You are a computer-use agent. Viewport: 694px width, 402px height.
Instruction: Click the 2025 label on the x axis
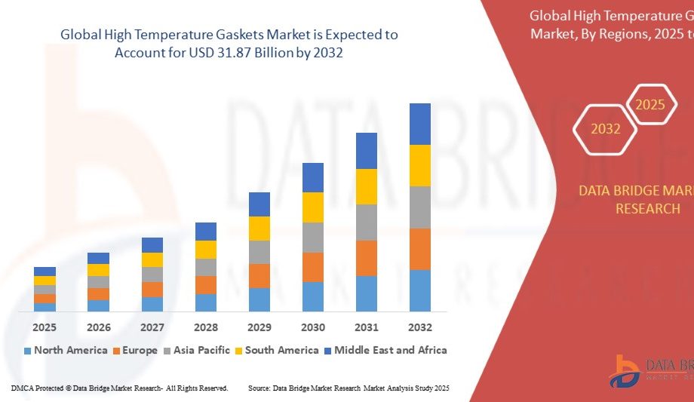45,327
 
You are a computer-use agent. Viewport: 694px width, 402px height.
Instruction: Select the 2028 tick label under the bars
206,327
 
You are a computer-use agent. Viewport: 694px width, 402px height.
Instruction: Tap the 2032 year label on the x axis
420,327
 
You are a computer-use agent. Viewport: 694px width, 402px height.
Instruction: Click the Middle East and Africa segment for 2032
420,124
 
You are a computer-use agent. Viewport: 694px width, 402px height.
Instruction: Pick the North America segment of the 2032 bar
420,290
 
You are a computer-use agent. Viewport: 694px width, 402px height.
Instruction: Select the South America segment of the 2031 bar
367,186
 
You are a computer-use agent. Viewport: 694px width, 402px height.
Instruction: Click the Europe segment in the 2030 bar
313,267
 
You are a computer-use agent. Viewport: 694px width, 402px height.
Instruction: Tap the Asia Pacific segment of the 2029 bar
259,252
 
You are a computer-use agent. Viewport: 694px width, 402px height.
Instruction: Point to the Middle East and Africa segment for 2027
152,244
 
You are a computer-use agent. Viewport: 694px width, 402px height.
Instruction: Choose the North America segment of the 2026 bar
98,305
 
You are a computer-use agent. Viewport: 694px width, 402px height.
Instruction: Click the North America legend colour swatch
28,351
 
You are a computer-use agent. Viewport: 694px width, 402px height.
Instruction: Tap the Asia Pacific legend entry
200,350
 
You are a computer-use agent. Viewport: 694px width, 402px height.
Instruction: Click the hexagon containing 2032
605,128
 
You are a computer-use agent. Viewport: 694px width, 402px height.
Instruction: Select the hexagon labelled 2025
649,105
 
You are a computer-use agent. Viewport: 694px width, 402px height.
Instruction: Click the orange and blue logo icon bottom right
624,371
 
